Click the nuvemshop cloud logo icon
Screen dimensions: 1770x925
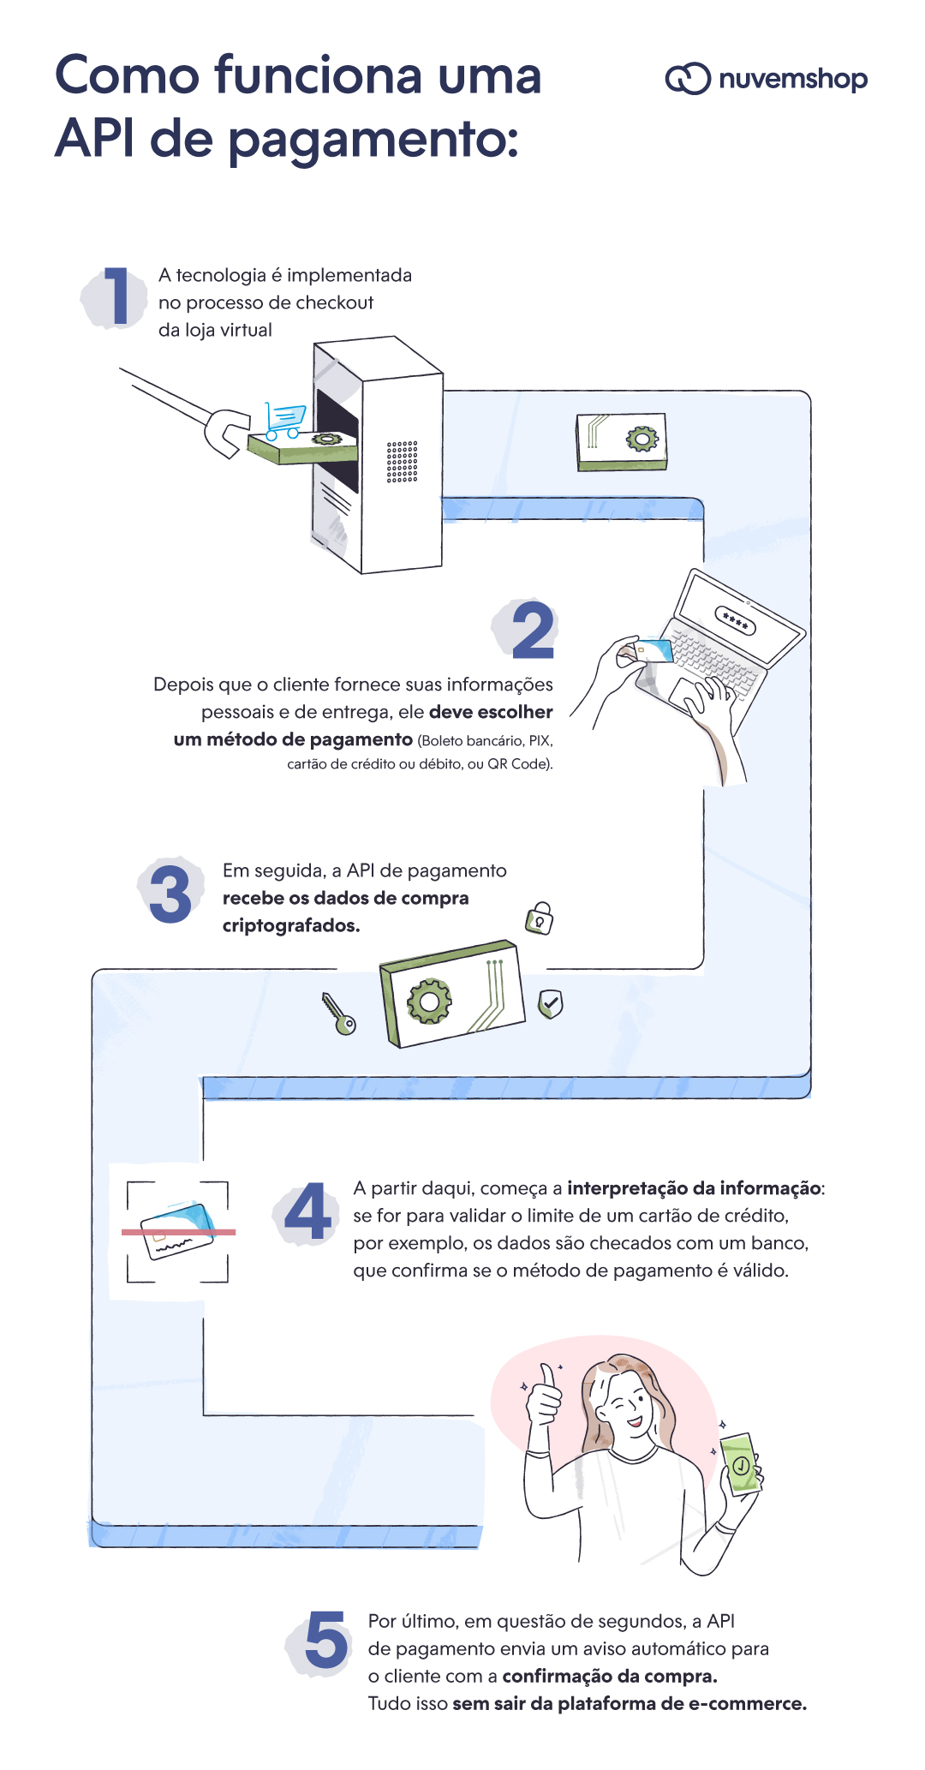coord(688,79)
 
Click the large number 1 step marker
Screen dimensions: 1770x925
coord(116,296)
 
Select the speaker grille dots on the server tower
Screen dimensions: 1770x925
coord(402,462)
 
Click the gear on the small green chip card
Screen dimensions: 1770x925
coord(642,440)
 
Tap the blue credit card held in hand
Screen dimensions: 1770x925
coord(654,650)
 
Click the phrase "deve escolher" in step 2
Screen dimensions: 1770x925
coord(491,712)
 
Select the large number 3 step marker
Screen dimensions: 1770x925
coord(170,894)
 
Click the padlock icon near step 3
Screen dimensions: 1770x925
coord(540,918)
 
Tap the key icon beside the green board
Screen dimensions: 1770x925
coord(338,1014)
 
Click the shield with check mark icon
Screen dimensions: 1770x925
coord(550,1003)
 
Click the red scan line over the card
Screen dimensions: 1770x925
coord(178,1232)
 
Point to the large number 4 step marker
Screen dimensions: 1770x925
coord(307,1212)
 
